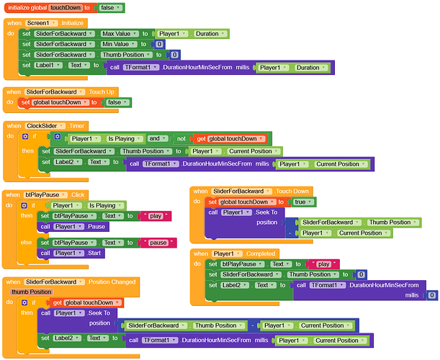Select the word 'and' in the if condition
tap(154, 138)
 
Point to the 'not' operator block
tap(181, 138)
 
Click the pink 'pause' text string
tap(158, 243)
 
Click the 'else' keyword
tap(27, 243)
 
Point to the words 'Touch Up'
tap(99, 92)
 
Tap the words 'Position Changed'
tap(111, 282)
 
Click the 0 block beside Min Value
tap(160, 45)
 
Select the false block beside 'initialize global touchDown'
tap(112, 7)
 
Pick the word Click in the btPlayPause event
tap(77, 194)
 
